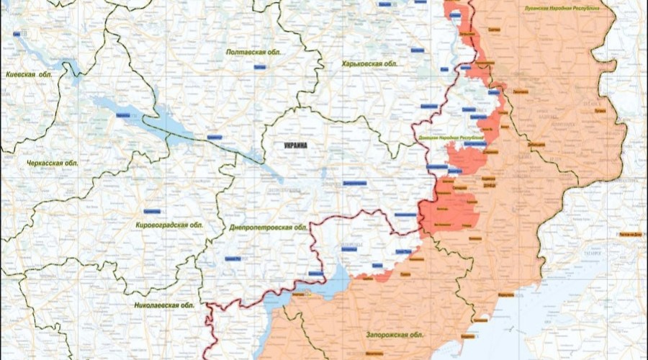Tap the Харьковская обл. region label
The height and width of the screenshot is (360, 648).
[x=370, y=64]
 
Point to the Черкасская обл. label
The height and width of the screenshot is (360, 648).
[x=52, y=163]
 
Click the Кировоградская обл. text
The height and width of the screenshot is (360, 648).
[x=169, y=225]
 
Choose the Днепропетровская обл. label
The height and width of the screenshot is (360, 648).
[x=268, y=227]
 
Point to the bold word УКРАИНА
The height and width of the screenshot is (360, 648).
[x=296, y=145]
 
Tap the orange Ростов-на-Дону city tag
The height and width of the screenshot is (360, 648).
[x=630, y=235]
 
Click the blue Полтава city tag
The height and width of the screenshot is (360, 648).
[x=260, y=66]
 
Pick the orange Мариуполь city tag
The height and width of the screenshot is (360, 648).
[x=506, y=294]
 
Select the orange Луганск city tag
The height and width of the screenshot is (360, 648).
[x=600, y=112]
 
